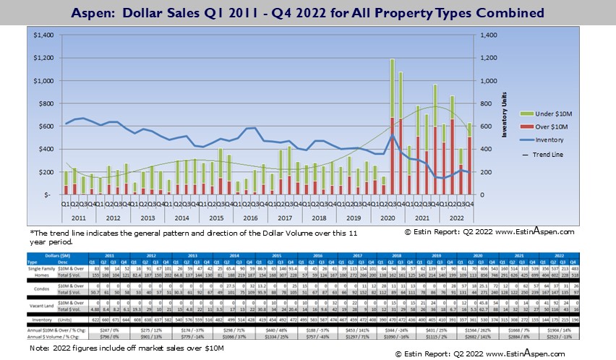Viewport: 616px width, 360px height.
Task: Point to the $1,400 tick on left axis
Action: tap(44, 35)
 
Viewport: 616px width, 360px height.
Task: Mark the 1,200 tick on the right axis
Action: tap(489, 58)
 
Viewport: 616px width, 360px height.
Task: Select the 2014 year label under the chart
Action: tap(183, 217)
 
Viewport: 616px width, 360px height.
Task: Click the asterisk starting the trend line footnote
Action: tap(32, 233)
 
